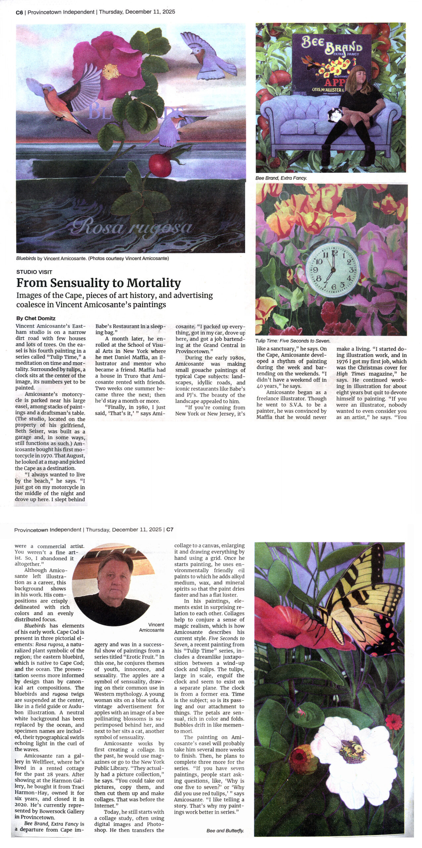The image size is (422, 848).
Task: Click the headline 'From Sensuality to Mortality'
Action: click(x=99, y=283)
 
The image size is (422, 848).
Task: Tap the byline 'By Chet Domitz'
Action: click(x=36, y=318)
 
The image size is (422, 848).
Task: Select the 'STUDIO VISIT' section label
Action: click(x=34, y=272)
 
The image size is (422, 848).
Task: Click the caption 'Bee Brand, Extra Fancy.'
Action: click(x=281, y=178)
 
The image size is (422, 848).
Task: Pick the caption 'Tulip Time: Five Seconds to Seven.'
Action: click(x=292, y=341)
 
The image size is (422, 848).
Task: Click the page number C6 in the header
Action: click(x=19, y=12)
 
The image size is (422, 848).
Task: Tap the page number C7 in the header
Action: click(x=170, y=529)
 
